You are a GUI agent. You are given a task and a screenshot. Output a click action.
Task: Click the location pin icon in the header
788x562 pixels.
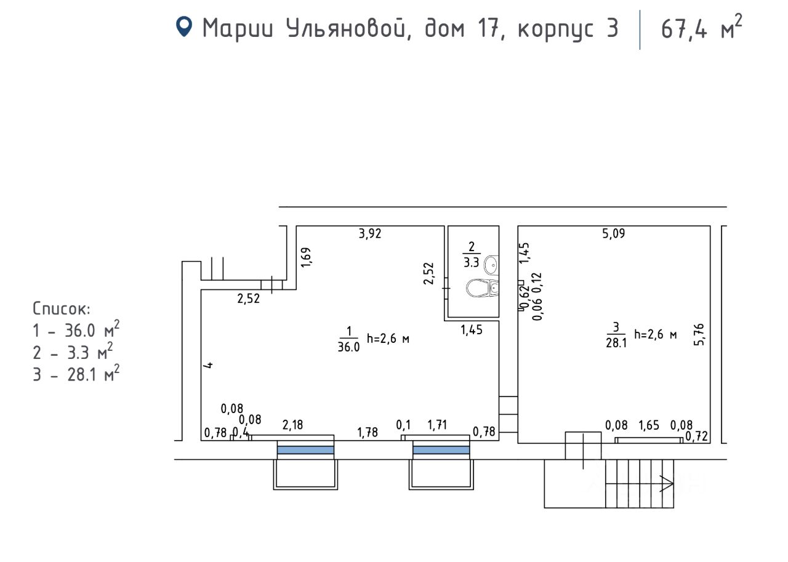tap(184, 26)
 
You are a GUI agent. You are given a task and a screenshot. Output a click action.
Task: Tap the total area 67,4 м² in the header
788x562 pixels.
tap(701, 28)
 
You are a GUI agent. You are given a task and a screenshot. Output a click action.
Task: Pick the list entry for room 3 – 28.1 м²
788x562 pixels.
tap(76, 374)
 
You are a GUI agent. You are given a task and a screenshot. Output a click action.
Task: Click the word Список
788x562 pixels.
tap(61, 308)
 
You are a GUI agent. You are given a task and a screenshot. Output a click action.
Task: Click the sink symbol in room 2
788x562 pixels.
tap(491, 265)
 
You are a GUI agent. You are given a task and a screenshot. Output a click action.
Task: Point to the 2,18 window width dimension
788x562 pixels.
tap(292, 425)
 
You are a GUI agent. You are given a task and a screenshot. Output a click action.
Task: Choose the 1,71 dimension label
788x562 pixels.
tap(437, 425)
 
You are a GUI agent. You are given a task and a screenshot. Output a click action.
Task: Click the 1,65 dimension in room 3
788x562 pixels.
tap(649, 425)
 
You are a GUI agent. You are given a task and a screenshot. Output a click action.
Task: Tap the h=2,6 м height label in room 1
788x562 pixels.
tap(388, 338)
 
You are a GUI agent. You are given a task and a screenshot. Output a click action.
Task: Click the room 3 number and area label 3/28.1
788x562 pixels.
tap(616, 334)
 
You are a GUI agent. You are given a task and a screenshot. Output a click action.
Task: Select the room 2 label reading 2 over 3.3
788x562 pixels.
tap(471, 254)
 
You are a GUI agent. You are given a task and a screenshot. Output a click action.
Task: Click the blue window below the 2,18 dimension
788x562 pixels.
tap(305, 450)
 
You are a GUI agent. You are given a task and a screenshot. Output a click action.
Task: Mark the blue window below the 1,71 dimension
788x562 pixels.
tap(441, 450)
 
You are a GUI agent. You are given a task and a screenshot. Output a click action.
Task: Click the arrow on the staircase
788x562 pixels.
tap(665, 484)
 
